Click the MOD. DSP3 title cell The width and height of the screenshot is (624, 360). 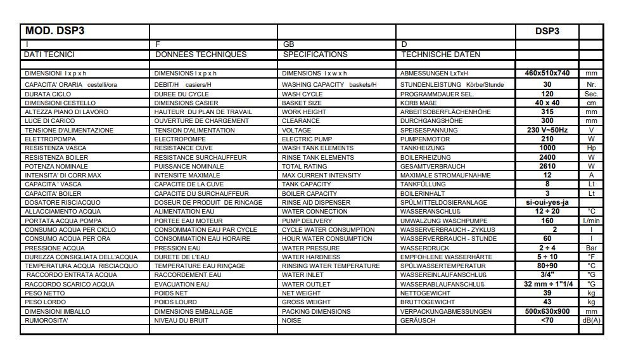(x=54, y=30)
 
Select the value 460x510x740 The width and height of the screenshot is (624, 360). (x=547, y=74)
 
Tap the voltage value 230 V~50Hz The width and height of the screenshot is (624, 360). (x=547, y=130)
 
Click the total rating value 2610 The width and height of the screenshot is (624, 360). (x=547, y=166)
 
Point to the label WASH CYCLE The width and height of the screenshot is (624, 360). (x=302, y=94)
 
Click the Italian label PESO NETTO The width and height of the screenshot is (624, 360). (x=44, y=293)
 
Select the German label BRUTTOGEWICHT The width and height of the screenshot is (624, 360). (x=428, y=302)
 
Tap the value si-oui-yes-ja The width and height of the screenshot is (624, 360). (x=547, y=203)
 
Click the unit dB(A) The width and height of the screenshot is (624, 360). (x=591, y=321)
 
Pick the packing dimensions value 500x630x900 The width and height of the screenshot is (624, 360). (x=547, y=312)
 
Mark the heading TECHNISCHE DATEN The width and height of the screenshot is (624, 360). (x=441, y=55)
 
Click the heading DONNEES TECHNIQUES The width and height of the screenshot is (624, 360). (x=201, y=55)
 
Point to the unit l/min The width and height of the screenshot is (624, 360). (x=591, y=221)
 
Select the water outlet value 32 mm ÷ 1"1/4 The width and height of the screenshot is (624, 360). (x=547, y=285)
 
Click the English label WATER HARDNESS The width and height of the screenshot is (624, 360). (x=311, y=257)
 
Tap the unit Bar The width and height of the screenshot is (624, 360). (x=591, y=248)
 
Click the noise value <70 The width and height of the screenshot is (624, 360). (x=547, y=321)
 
